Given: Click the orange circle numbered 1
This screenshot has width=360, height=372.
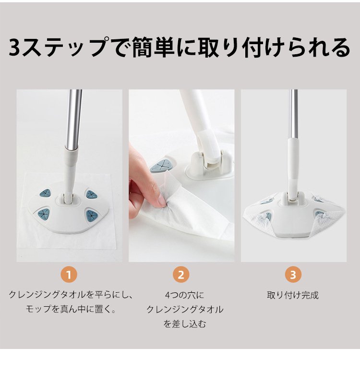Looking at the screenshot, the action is (69, 275).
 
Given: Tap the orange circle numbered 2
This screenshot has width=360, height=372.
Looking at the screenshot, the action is (181, 275).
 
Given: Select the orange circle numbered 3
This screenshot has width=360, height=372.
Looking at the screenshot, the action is (293, 275).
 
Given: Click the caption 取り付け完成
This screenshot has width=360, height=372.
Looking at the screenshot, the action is (293, 295).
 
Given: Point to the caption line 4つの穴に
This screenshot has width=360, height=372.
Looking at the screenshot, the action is (184, 295).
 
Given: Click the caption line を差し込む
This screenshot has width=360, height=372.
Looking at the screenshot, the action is (185, 324).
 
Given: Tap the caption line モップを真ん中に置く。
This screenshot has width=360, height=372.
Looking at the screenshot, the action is (71, 310).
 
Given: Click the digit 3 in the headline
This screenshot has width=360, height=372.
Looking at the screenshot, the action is (15, 48).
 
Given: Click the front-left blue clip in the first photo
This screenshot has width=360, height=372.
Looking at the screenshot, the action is (44, 214).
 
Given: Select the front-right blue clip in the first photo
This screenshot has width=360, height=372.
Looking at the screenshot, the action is (91, 216).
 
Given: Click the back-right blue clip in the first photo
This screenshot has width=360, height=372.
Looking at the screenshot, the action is (91, 194).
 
